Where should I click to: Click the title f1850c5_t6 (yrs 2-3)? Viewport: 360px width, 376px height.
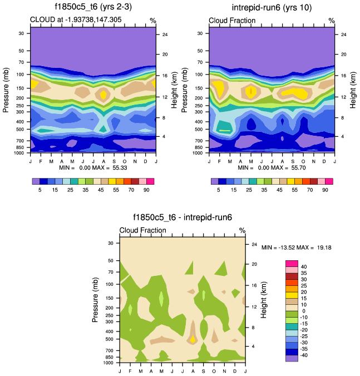(93, 7)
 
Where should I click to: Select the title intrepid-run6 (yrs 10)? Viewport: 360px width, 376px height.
(272, 7)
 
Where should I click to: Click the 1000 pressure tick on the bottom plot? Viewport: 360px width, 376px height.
(109, 362)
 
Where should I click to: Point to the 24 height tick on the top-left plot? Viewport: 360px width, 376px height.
(165, 34)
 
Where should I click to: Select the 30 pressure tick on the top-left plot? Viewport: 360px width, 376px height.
(21, 33)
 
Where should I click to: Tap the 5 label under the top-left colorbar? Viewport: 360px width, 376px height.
(40, 190)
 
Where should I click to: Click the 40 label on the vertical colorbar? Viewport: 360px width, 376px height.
(304, 266)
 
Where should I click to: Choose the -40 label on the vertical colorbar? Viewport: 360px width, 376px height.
(305, 355)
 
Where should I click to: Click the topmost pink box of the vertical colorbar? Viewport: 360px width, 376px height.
(292, 263)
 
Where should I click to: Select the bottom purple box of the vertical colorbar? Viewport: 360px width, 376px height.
(292, 358)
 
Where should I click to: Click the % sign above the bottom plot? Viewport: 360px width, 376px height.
(242, 230)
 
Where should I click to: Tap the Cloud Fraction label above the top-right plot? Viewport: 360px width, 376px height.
(232, 20)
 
